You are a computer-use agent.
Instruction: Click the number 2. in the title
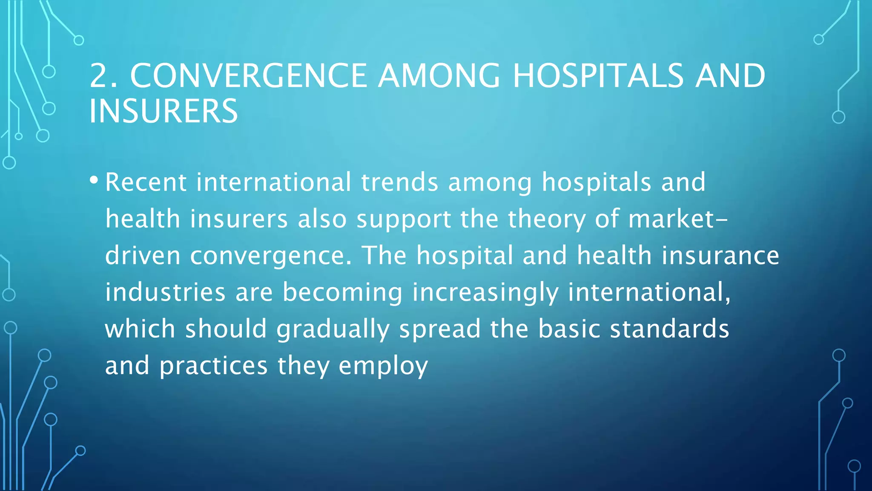[x=103, y=76]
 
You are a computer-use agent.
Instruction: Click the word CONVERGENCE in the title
[x=248, y=76]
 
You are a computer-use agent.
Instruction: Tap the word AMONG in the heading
[x=439, y=76]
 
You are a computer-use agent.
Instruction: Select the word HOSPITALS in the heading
[x=597, y=76]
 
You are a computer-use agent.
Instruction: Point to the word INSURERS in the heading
[x=163, y=111]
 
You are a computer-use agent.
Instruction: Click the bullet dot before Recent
[x=94, y=180]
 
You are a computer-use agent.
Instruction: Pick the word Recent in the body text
[x=146, y=182]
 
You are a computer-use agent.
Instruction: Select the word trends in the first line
[x=399, y=182]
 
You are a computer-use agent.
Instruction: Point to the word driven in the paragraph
[x=143, y=256]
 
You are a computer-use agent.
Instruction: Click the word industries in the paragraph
[x=165, y=292]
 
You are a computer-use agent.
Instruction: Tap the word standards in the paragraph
[x=669, y=329]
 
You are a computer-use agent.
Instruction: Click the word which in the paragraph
[x=140, y=329]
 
